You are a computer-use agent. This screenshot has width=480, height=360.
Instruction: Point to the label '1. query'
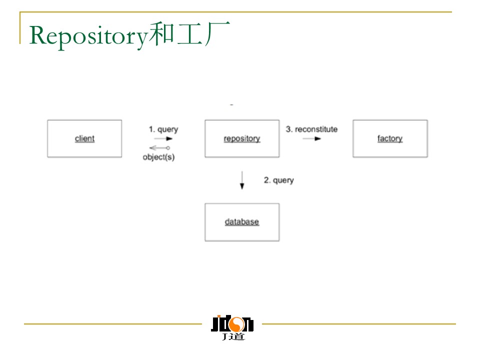163,129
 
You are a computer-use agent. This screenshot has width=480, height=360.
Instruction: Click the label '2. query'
278,180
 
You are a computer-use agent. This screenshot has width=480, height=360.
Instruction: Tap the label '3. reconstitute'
311,129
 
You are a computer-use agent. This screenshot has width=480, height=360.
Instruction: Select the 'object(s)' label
158,157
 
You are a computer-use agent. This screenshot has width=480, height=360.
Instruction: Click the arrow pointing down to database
242,180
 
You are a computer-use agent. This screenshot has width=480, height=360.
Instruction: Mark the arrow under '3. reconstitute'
311,138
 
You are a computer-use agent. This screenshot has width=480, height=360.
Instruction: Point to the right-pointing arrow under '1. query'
163,138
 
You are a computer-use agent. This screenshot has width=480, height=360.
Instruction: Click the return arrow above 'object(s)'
160,148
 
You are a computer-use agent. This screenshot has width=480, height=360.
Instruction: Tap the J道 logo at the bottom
232,328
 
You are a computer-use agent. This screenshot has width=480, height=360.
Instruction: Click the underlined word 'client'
84,138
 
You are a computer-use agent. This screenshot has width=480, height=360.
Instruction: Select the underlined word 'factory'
390,138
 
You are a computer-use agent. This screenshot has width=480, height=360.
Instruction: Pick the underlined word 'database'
242,221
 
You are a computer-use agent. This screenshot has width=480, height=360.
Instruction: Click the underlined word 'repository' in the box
242,138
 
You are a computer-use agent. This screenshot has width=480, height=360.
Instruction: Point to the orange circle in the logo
235,323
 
